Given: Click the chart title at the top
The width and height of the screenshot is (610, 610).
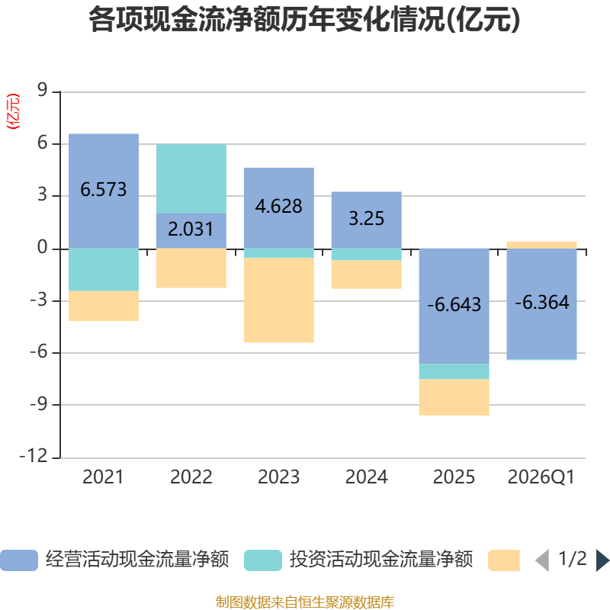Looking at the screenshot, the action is [304, 20].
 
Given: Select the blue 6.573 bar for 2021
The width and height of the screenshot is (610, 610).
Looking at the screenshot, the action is [104, 191].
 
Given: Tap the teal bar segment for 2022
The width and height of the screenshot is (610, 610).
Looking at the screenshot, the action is [191, 178].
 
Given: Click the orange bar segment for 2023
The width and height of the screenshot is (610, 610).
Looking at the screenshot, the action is [278, 300].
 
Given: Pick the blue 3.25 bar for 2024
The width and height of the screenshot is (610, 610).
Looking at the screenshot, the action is [366, 220].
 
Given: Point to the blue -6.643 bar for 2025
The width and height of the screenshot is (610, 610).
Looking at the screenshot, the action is [454, 307].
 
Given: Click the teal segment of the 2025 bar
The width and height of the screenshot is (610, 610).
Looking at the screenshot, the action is [454, 371].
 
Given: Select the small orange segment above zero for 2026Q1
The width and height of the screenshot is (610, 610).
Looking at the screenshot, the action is [541, 245].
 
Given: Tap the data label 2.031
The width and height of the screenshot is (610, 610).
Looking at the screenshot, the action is [191, 230].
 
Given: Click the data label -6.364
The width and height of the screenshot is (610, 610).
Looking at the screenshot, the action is [542, 302].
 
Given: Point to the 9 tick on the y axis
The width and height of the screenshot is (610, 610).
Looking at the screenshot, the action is [42, 90].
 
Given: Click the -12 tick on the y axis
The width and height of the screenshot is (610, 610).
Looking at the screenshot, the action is [34, 456].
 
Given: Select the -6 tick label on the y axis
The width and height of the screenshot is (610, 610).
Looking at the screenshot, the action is [39, 352].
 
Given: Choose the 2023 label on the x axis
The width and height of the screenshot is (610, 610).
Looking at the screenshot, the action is [278, 477].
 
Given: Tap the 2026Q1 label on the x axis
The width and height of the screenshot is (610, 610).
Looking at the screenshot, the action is [541, 477].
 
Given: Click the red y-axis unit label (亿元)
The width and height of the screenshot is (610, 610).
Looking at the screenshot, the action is [13, 111].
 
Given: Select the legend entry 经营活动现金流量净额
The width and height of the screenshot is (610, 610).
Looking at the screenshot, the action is [114, 560].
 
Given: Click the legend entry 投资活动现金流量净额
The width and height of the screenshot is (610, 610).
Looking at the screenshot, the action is [358, 560].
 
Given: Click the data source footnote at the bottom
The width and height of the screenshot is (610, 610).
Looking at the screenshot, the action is [304, 602].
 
